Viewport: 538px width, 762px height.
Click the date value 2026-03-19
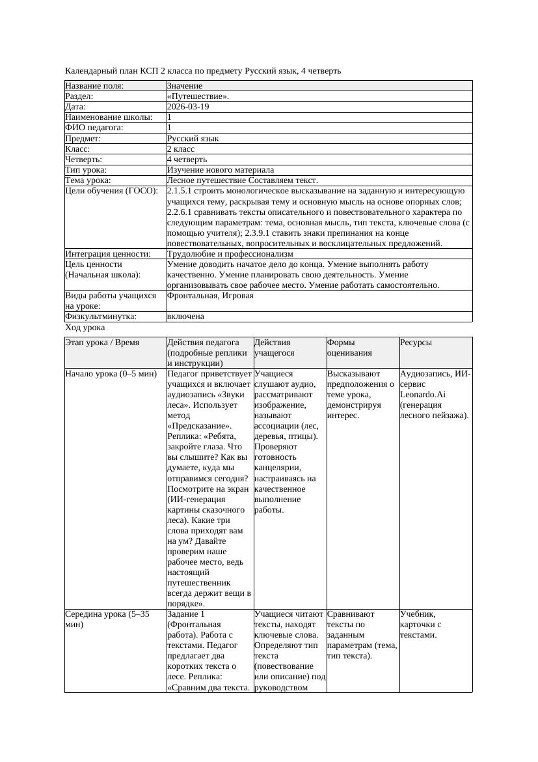click(188, 107)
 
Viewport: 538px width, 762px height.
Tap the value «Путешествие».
click(198, 96)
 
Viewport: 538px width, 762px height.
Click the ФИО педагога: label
click(94, 128)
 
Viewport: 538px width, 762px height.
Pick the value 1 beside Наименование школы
click(169, 117)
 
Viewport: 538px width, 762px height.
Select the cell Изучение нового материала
click(221, 169)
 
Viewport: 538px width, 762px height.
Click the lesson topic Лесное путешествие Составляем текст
click(242, 180)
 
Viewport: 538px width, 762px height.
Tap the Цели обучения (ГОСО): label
click(111, 191)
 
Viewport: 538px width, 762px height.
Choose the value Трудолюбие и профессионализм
click(230, 253)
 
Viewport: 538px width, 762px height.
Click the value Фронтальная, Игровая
click(210, 296)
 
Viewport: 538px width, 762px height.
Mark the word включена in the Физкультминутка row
click(185, 317)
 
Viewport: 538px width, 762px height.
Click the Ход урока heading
click(85, 328)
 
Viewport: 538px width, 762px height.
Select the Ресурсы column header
click(416, 343)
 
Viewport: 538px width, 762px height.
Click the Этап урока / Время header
click(101, 343)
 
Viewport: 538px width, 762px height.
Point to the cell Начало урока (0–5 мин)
click(111, 374)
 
